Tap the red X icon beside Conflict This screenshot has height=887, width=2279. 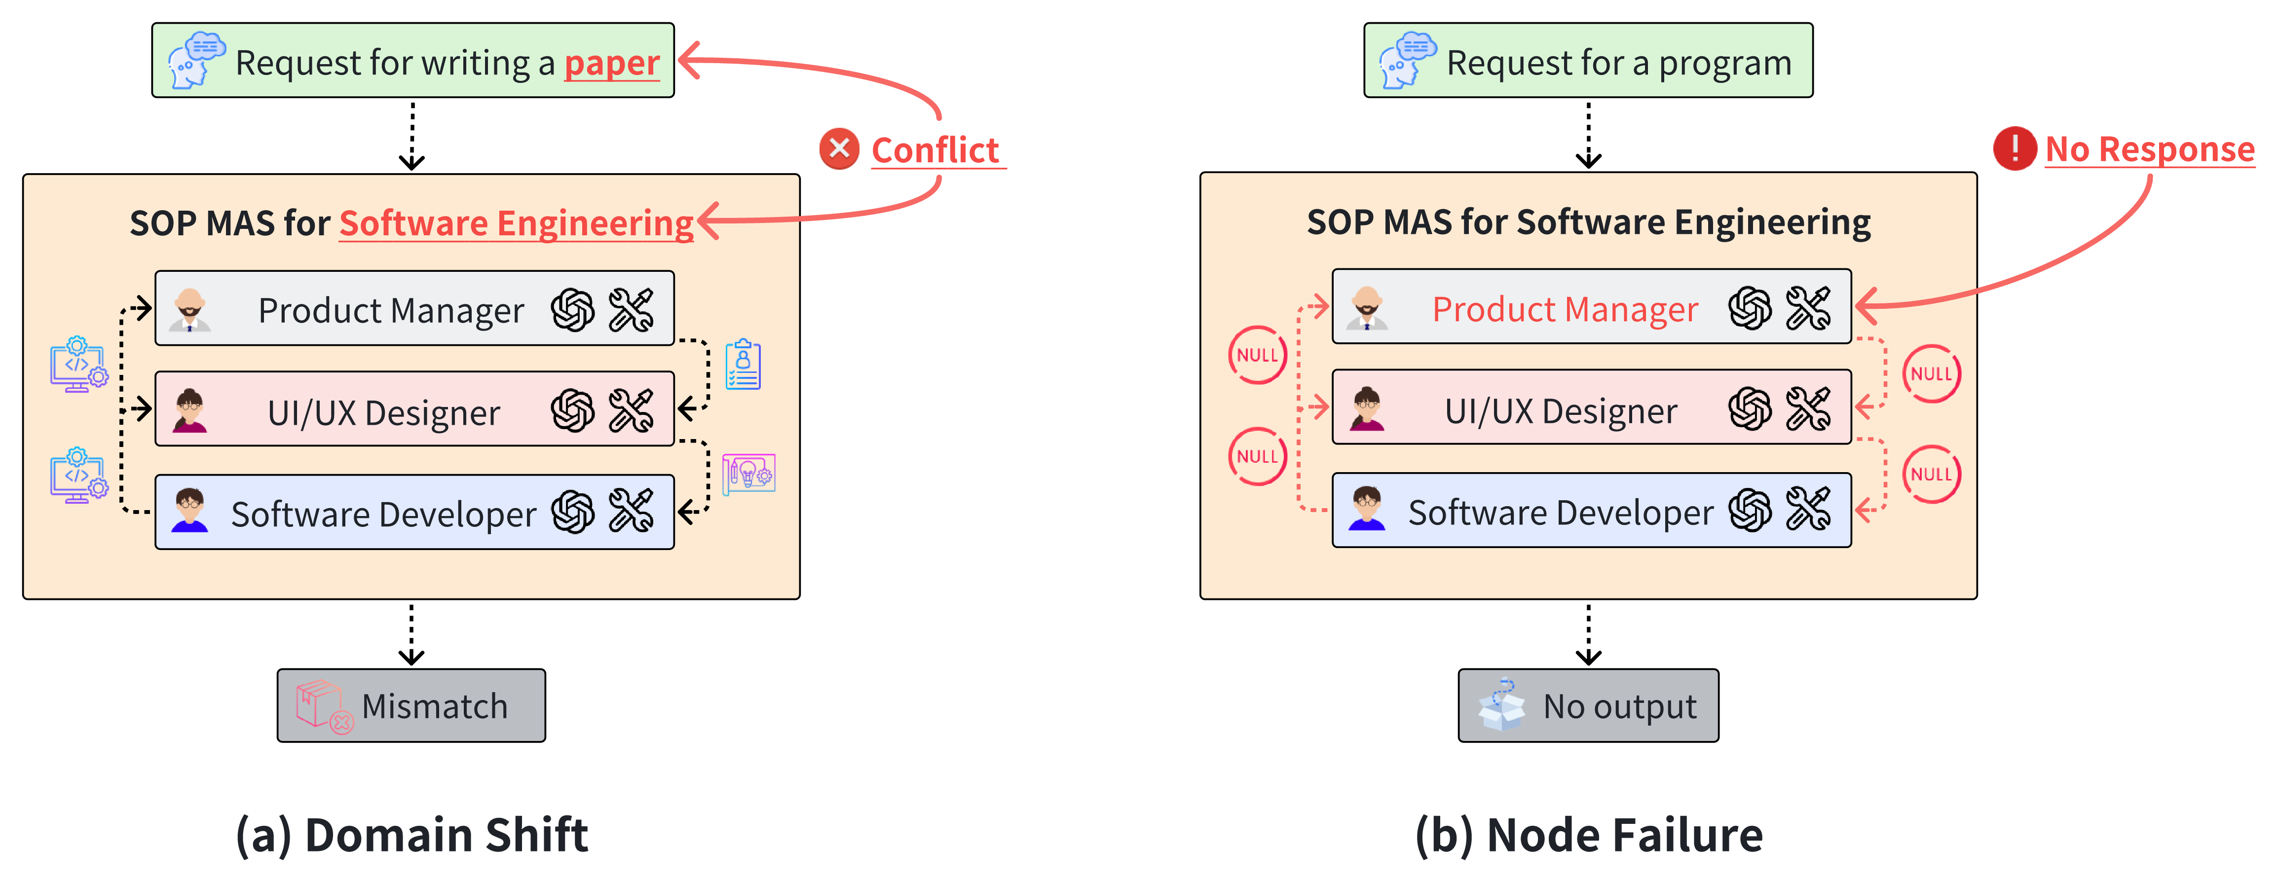(x=839, y=148)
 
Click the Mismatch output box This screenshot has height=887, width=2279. (x=411, y=706)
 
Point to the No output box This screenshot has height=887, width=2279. (x=1588, y=706)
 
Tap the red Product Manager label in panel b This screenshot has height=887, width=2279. (x=1564, y=309)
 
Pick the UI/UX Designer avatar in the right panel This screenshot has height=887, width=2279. (x=1367, y=409)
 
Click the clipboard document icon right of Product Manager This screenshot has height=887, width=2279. (x=743, y=365)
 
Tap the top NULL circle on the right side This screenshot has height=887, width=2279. (x=1931, y=373)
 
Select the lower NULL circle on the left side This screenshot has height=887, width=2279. (x=1257, y=456)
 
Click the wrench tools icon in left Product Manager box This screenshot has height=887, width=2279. (x=631, y=309)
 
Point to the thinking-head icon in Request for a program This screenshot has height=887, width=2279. (x=1407, y=60)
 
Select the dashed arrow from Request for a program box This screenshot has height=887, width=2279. (x=1588, y=134)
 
